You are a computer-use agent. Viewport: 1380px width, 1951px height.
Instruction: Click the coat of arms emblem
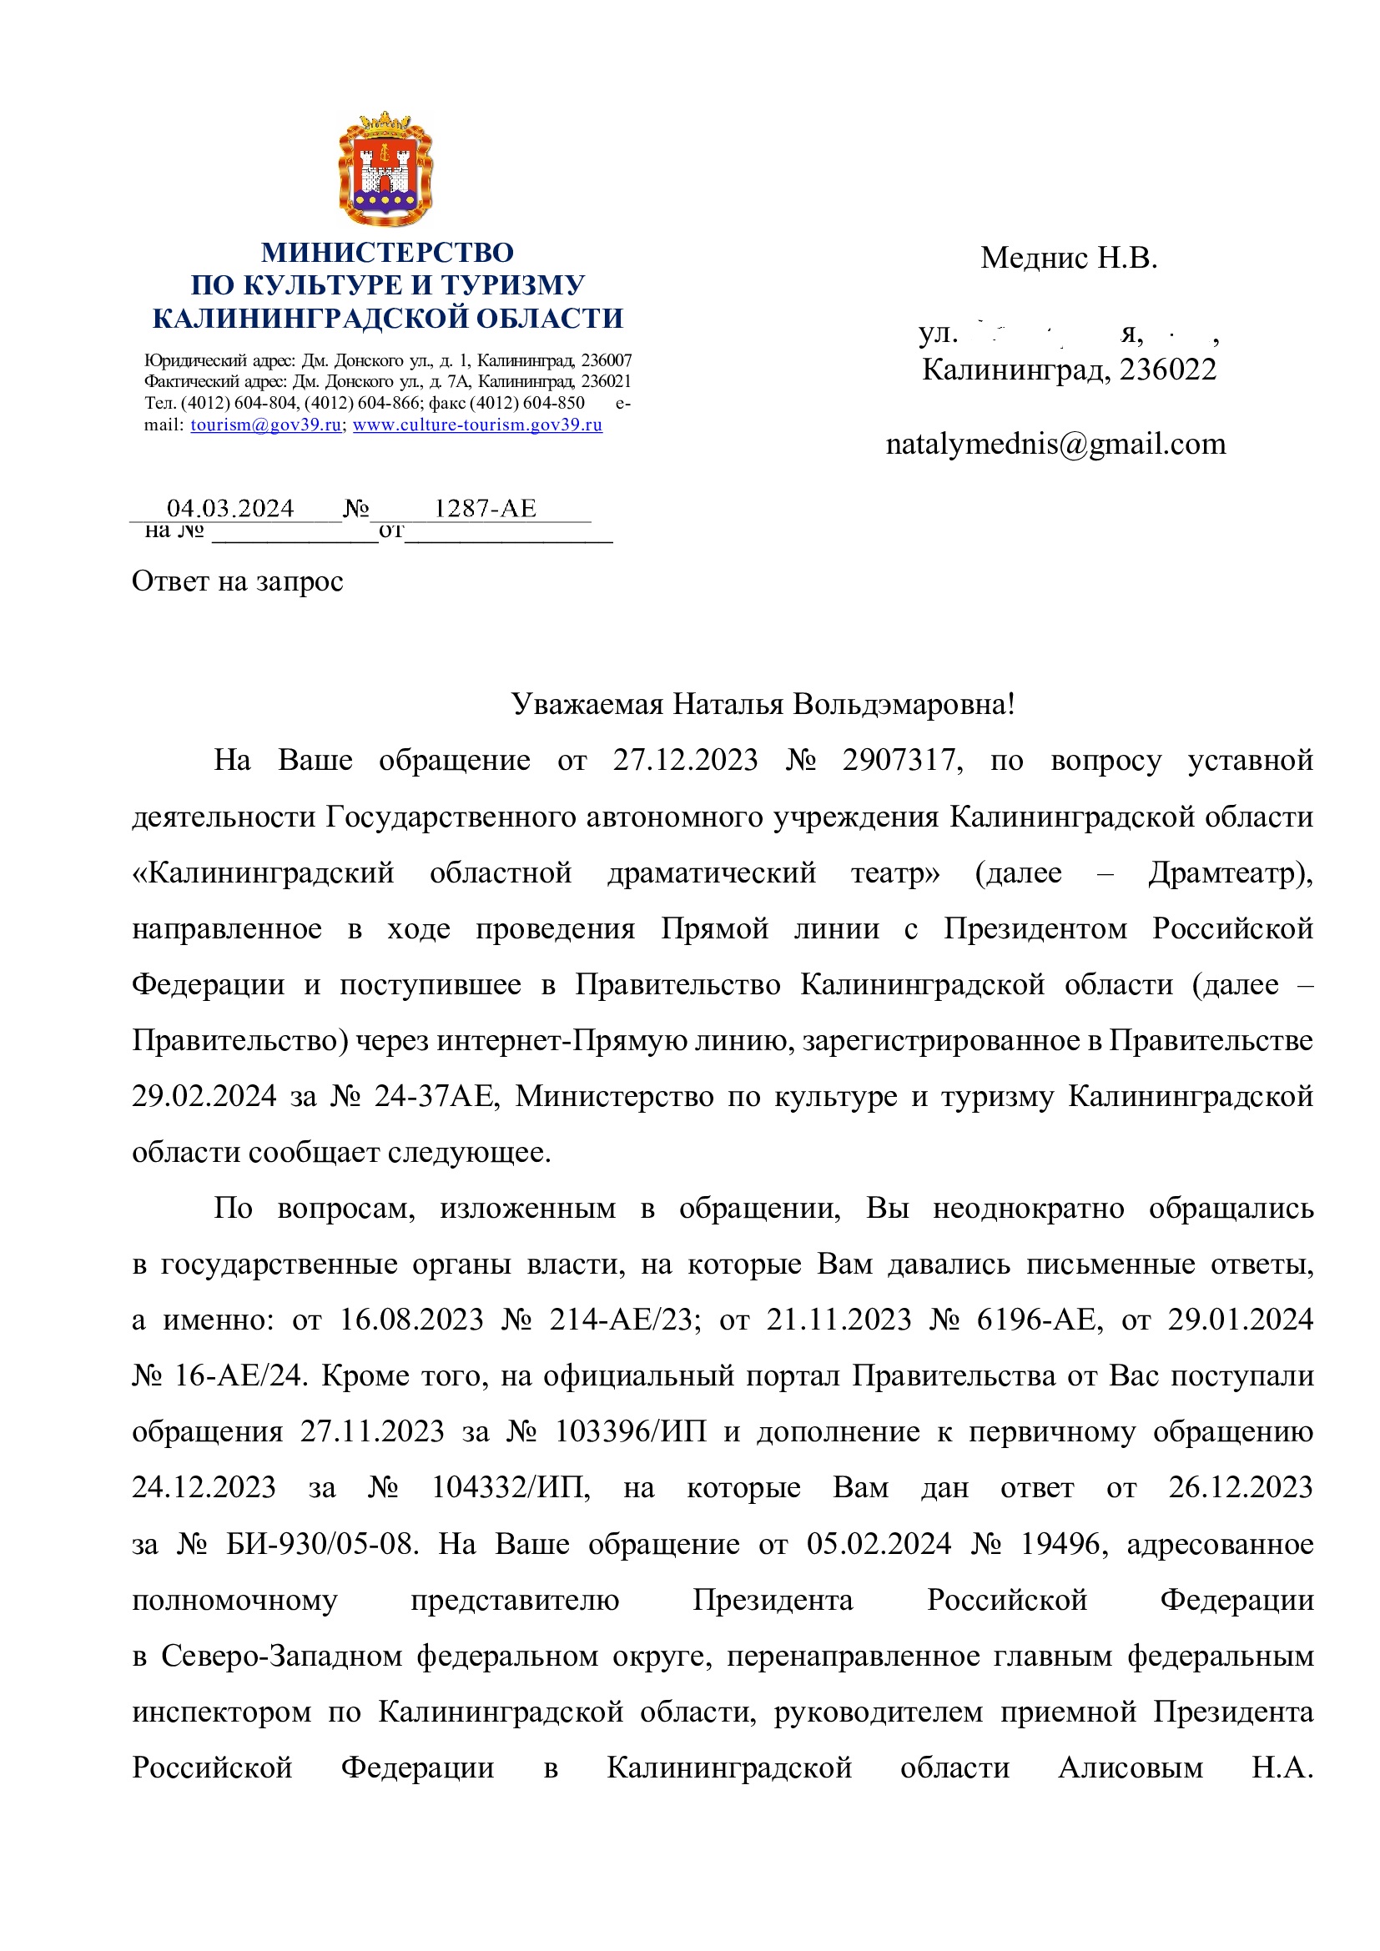click(385, 168)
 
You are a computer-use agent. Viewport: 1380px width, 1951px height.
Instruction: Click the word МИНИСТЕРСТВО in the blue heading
click(386, 253)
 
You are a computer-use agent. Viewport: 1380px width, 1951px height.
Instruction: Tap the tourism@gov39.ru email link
click(266, 425)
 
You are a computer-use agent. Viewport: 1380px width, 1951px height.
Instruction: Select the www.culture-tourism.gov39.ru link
click(477, 425)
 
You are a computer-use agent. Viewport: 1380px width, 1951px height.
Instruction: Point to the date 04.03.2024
click(230, 508)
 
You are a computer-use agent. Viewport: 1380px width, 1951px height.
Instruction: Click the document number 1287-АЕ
click(486, 508)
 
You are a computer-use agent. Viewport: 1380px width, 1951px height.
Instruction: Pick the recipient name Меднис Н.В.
click(1068, 258)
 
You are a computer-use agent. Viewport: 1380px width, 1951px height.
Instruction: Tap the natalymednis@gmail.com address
click(1055, 445)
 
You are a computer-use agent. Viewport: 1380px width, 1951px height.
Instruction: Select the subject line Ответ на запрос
click(237, 581)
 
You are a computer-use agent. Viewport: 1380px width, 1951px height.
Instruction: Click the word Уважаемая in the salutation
click(587, 704)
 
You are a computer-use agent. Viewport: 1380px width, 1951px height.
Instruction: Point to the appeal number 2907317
click(902, 760)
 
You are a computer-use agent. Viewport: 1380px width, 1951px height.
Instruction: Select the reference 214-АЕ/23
click(625, 1320)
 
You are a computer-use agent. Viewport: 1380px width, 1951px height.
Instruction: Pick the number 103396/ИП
click(631, 1432)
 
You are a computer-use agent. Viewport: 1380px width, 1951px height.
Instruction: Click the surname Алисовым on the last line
click(1131, 1768)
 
